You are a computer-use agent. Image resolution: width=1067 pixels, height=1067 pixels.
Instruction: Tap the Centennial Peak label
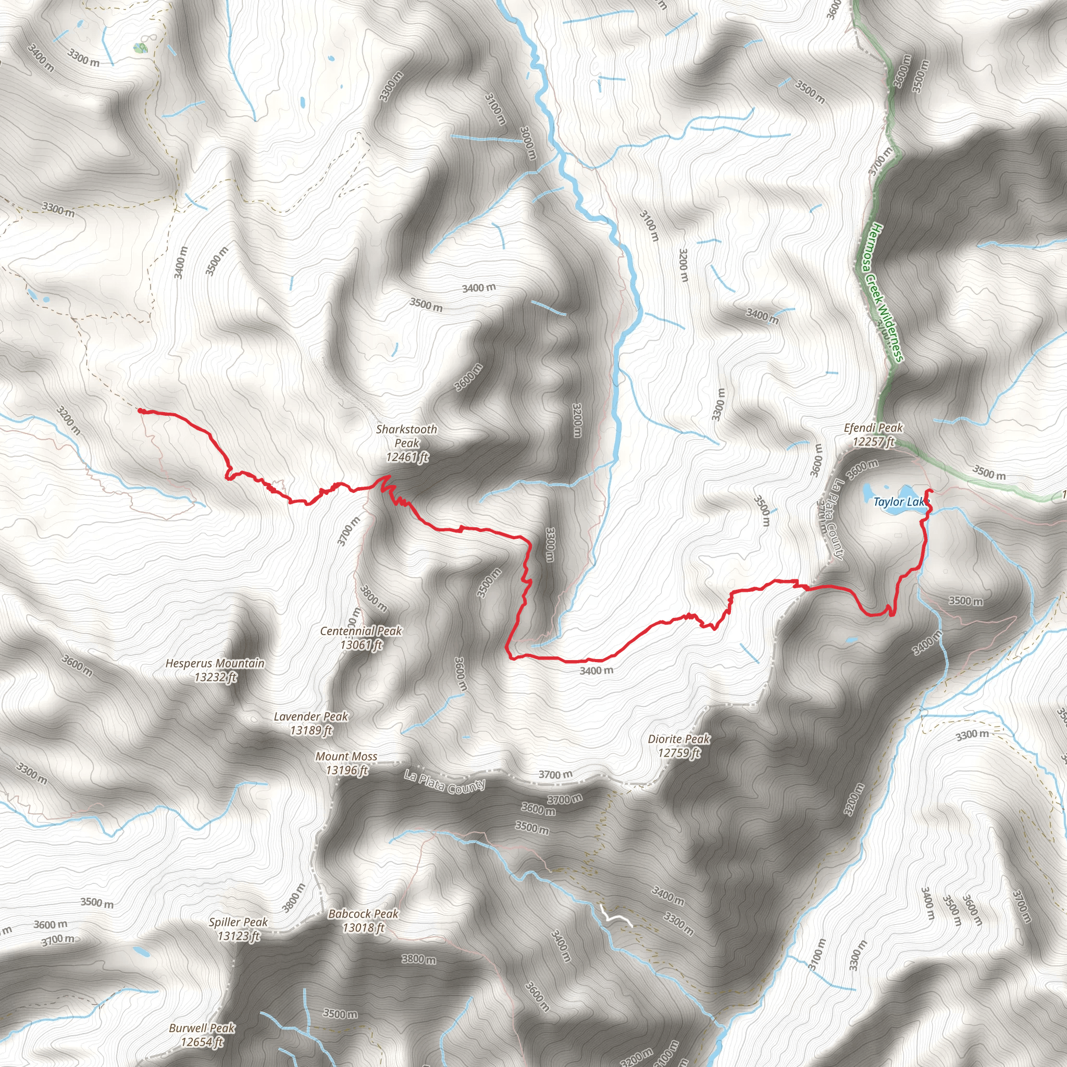(361, 631)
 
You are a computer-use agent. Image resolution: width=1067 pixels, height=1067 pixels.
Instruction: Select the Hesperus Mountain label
(215, 663)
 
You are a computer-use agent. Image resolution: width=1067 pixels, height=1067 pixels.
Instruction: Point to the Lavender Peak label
(311, 716)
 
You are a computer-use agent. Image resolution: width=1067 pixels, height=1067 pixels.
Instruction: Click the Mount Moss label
(346, 756)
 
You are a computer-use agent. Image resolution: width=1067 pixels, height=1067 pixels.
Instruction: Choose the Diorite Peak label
(679, 739)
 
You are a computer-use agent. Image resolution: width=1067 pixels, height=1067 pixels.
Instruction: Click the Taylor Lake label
(901, 502)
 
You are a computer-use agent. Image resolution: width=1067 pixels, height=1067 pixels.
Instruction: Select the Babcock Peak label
(364, 914)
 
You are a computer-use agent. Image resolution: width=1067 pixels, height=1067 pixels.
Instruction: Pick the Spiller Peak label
(238, 922)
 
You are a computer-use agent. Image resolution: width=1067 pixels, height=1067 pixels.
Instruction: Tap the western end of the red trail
(140, 411)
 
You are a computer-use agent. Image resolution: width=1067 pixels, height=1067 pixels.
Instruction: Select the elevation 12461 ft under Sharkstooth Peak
(407, 457)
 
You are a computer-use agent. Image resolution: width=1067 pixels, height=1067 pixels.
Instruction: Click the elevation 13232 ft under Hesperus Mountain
(215, 677)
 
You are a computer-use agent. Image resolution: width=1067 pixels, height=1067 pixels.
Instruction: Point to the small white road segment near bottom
(616, 917)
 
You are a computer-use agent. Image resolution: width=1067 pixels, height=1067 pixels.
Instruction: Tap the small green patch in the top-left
(141, 48)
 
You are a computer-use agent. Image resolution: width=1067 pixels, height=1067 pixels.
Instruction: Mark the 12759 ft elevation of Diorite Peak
(679, 752)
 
